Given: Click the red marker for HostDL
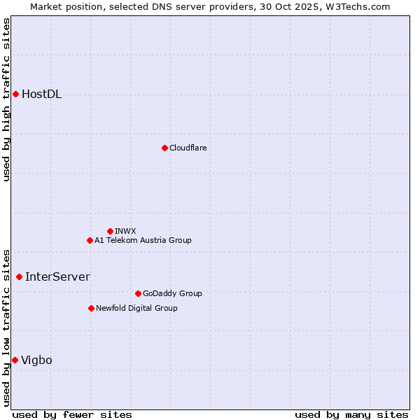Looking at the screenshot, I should tap(15, 94).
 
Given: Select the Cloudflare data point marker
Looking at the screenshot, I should tap(164, 148).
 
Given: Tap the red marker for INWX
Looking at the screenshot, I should tap(110, 231).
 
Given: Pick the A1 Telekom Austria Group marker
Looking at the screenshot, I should tap(90, 240).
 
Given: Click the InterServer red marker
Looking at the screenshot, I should tap(19, 276).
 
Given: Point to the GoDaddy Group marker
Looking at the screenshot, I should tap(138, 293).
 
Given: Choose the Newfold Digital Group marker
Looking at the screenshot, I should tap(91, 308).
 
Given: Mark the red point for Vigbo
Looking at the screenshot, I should tap(15, 360).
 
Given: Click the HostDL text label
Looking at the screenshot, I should tap(41, 94).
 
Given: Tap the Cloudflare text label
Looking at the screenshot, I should tap(188, 148).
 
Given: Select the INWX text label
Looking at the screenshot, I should tap(125, 231).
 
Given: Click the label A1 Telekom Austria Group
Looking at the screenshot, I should tap(143, 240).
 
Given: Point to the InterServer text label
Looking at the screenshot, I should tap(57, 276).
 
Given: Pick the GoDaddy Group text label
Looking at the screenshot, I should tap(171, 293).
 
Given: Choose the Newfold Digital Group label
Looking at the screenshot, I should tap(136, 308).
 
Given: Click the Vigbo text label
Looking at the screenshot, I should tap(36, 360).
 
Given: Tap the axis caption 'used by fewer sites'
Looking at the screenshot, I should tap(72, 414).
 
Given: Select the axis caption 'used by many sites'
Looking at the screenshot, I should tap(351, 414).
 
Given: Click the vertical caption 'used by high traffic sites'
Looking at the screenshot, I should tap(6, 99).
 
